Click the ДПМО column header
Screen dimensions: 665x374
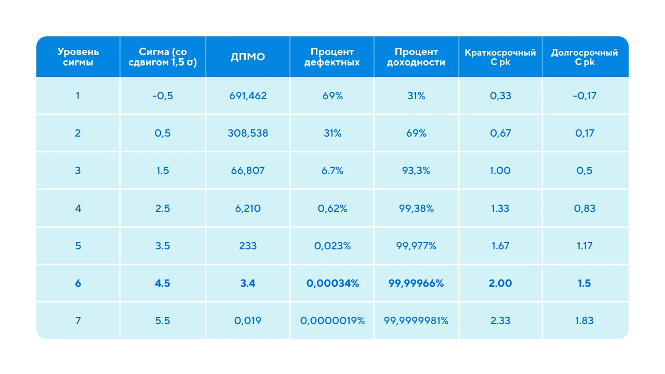click(248, 57)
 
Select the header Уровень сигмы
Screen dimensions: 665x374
click(78, 57)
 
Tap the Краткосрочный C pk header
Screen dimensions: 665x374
click(500, 57)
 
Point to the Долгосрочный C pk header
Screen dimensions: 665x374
click(584, 57)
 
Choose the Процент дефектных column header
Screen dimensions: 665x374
click(332, 57)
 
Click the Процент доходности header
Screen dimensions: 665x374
click(416, 57)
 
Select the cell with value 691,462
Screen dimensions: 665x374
click(248, 96)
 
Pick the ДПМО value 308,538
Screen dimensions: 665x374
click(248, 133)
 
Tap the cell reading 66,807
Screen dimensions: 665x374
click(248, 170)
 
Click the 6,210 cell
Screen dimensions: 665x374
click(248, 208)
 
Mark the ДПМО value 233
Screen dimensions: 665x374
click(248, 246)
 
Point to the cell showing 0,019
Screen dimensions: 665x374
click(248, 320)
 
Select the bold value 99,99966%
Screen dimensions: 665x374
click(416, 283)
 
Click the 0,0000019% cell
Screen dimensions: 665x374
click(332, 320)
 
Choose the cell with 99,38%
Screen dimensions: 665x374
click(416, 208)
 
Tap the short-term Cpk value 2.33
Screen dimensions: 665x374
click(500, 320)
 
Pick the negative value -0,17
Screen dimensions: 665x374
click(584, 96)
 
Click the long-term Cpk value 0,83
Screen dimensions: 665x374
click(584, 208)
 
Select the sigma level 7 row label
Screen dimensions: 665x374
click(78, 320)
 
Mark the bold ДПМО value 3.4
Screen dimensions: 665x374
click(248, 283)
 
